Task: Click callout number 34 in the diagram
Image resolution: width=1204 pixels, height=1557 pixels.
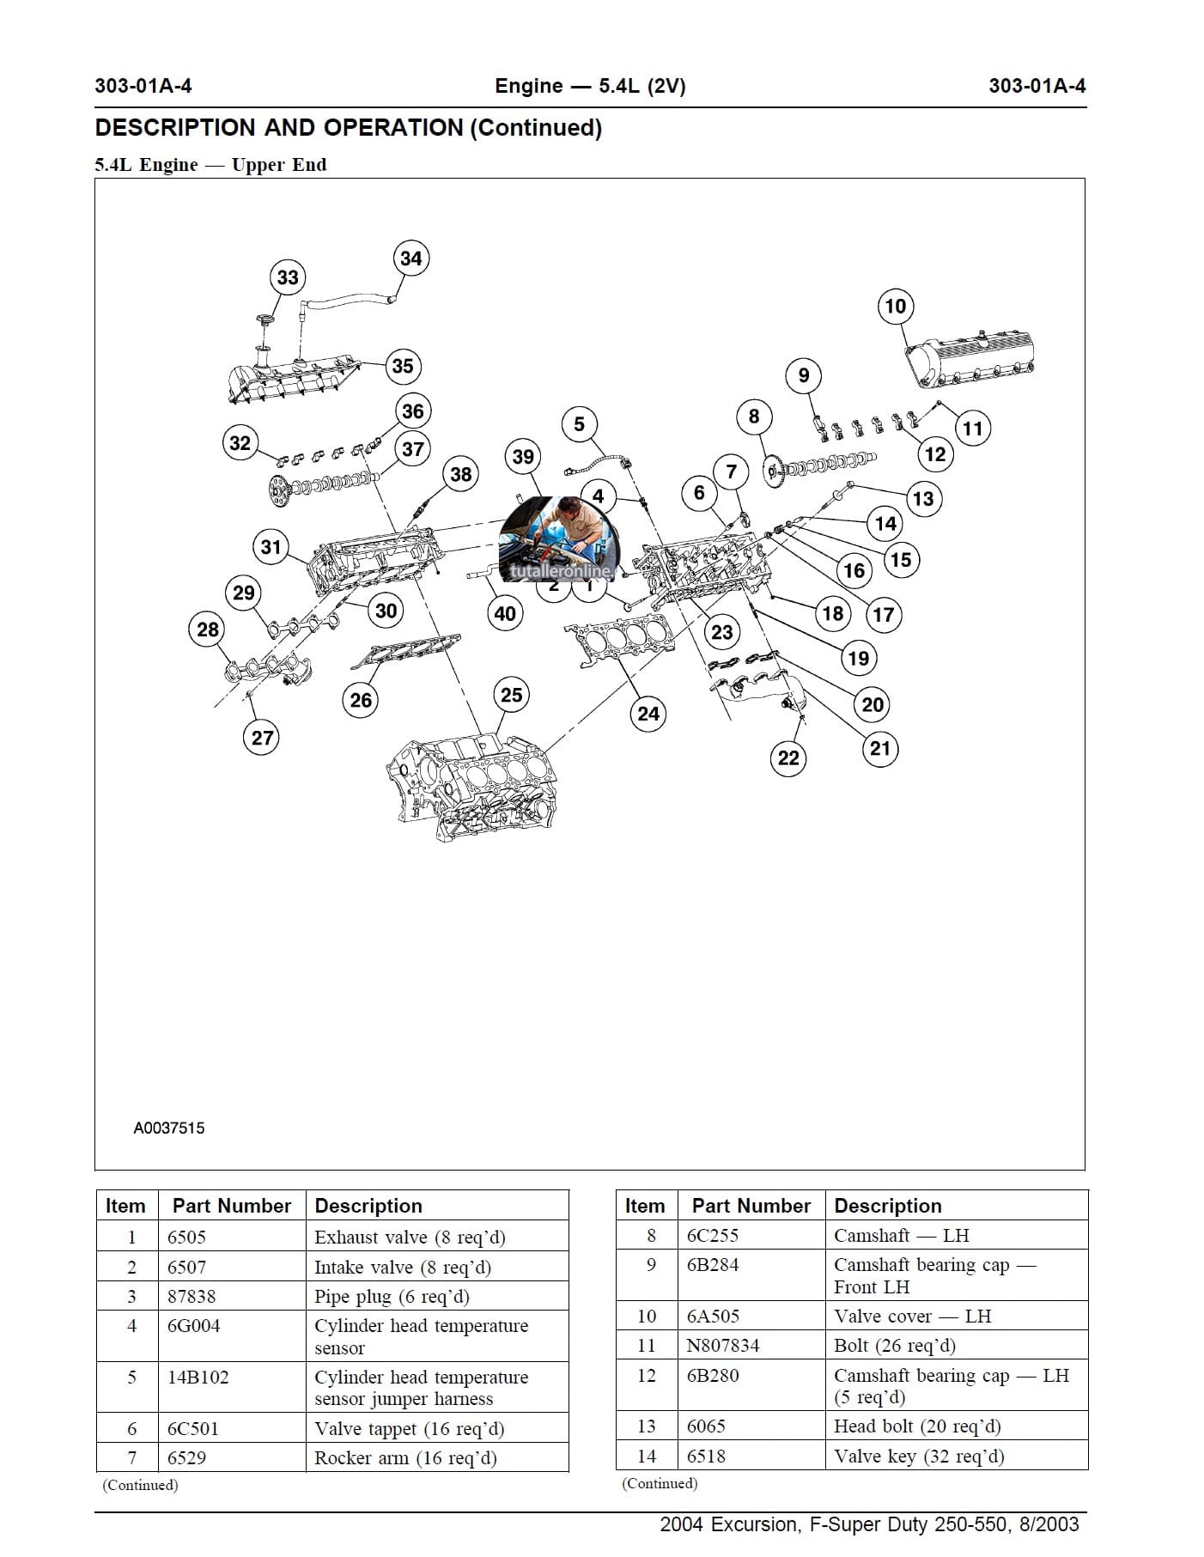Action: [x=411, y=258]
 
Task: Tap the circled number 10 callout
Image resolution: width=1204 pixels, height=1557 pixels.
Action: [x=895, y=307]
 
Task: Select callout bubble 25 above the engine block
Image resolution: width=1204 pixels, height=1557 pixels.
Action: [x=511, y=695]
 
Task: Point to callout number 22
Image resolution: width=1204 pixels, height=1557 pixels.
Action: [x=788, y=757]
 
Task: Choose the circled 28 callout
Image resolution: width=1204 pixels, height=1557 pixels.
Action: [x=208, y=629]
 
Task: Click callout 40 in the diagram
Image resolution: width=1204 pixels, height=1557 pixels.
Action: [x=505, y=613]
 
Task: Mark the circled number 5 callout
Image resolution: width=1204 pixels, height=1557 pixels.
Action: [x=579, y=424]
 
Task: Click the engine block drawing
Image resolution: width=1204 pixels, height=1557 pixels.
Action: [x=468, y=786]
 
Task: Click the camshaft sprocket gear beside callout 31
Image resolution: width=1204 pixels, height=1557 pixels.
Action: [x=280, y=490]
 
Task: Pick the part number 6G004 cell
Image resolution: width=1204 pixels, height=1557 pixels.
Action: [x=193, y=1326]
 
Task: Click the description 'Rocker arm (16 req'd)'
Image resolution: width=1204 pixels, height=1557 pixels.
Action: [x=405, y=1457]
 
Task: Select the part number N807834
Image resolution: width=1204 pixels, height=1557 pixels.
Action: [x=723, y=1346]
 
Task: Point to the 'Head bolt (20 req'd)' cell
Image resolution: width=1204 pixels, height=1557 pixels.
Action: [x=917, y=1426]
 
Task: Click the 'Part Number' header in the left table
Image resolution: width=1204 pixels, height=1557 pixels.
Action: [x=232, y=1206]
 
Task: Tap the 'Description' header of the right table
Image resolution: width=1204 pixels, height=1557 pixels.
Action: [x=888, y=1206]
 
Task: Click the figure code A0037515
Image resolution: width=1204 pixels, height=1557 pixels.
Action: [x=169, y=1128]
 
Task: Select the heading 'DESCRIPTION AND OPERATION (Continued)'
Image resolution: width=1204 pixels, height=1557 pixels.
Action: [x=349, y=128]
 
